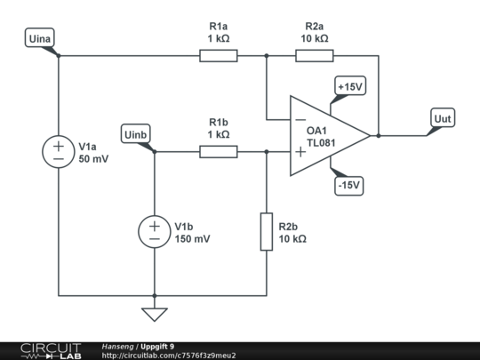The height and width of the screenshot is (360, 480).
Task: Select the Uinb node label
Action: [139, 134]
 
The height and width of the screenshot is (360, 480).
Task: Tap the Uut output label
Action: [442, 118]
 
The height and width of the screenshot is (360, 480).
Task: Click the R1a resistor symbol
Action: [219, 56]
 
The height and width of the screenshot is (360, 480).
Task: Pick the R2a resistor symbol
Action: [315, 56]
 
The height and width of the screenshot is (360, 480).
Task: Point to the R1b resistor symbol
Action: [219, 152]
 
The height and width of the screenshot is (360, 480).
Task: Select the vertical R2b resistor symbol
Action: [267, 231]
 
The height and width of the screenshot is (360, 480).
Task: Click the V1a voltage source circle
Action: [59, 152]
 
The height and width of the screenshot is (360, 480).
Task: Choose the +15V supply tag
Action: [348, 86]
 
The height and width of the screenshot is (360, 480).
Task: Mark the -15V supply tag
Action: [348, 186]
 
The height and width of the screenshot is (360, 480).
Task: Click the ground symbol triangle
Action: [155, 313]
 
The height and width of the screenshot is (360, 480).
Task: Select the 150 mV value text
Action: [193, 239]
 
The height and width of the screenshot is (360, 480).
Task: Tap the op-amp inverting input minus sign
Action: [300, 120]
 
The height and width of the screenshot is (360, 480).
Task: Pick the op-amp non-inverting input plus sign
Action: [300, 152]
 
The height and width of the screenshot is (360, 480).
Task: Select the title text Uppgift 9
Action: [157, 346]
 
